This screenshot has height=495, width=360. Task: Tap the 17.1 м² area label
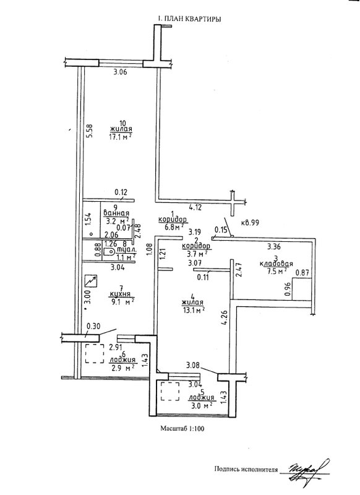(x=120, y=136)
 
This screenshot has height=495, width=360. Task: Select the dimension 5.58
(x=90, y=131)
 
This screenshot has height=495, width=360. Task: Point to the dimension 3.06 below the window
(x=120, y=72)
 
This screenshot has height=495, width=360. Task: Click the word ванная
(x=116, y=213)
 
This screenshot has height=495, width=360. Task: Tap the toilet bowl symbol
(x=109, y=252)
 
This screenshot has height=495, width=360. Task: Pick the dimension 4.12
(x=195, y=208)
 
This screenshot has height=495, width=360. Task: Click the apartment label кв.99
(x=250, y=223)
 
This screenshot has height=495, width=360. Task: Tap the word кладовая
(x=276, y=264)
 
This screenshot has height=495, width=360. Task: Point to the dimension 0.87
(x=302, y=273)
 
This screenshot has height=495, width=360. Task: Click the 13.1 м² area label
(x=193, y=310)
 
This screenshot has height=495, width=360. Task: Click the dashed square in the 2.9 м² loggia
(x=95, y=353)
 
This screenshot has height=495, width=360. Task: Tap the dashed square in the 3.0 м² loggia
(x=170, y=391)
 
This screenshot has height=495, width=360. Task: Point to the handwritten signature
(x=306, y=470)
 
